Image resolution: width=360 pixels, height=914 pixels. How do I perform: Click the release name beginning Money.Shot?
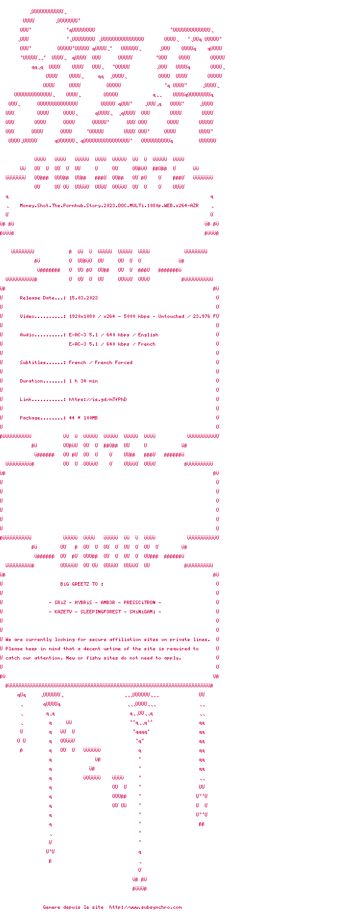click(x=109, y=205)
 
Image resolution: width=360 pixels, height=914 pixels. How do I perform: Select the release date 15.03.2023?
click(x=83, y=298)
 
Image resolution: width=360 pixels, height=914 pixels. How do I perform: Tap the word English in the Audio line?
click(x=148, y=335)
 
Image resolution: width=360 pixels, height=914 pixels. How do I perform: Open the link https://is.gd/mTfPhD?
click(x=97, y=399)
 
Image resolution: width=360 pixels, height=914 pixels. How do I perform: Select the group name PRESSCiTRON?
click(x=139, y=602)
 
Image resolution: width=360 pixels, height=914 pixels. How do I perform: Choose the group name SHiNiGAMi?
click(x=142, y=612)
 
